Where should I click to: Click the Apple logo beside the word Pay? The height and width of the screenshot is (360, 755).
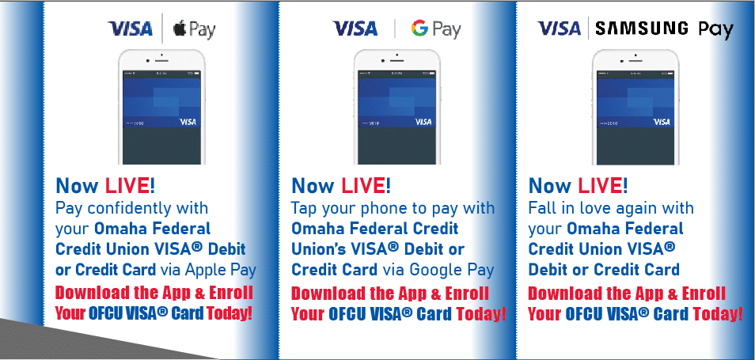pyautogui.click(x=179, y=29)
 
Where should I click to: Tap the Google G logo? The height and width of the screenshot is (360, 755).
pyautogui.click(x=419, y=29)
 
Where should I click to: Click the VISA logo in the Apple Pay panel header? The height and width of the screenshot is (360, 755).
pyautogui.click(x=130, y=28)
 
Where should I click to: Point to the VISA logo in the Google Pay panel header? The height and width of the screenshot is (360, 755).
pyautogui.click(x=355, y=28)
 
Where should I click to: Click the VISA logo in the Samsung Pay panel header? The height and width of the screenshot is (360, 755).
pyautogui.click(x=560, y=28)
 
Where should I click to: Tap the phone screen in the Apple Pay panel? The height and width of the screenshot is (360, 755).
pyautogui.click(x=161, y=118)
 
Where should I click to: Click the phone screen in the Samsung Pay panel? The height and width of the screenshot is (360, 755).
pyautogui.click(x=635, y=118)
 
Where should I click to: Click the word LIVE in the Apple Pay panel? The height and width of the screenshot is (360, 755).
pyautogui.click(x=127, y=185)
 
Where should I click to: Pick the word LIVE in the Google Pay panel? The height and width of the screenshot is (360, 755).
pyautogui.click(x=362, y=185)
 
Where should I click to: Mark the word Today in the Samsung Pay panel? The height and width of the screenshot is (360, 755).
pyautogui.click(x=715, y=314)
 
